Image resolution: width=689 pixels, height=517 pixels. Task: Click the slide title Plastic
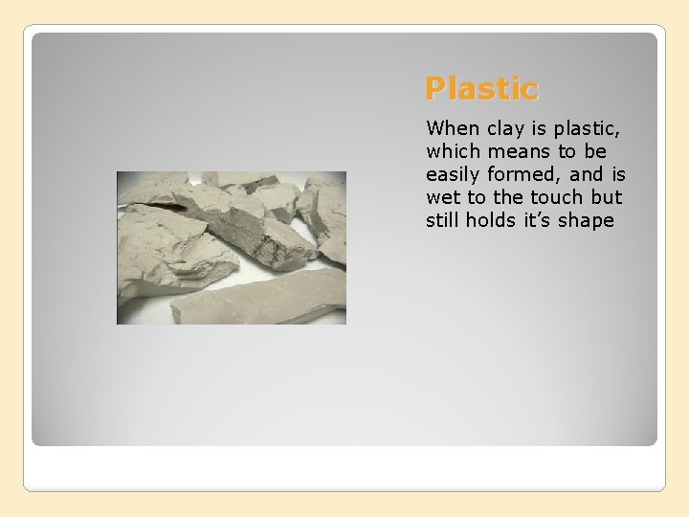tap(482, 89)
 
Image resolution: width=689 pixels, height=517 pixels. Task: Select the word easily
tap(456, 174)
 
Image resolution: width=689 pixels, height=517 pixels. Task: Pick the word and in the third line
tap(587, 174)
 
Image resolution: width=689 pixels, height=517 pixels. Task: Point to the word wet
tap(443, 197)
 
